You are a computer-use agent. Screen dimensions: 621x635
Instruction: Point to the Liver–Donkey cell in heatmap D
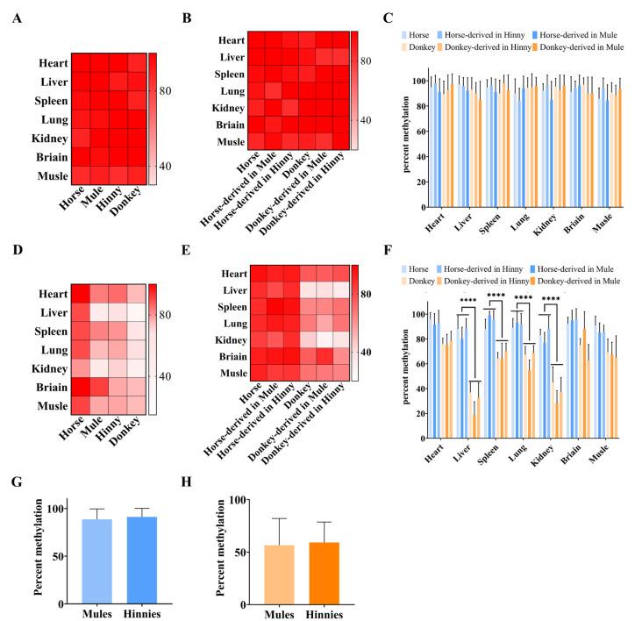point(136,312)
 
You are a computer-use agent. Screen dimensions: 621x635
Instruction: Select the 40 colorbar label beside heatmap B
point(368,119)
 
